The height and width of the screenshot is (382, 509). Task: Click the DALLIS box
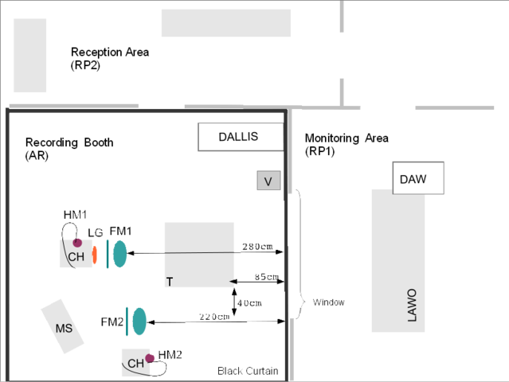240,137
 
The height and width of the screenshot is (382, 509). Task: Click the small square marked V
269,181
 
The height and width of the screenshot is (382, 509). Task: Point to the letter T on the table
170,282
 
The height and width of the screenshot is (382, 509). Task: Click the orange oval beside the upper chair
94,255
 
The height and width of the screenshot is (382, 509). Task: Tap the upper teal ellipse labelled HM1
119,253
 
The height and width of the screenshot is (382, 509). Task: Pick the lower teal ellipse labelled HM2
139,321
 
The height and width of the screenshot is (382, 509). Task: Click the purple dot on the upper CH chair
77,242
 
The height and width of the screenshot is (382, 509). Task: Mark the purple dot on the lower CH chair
150,358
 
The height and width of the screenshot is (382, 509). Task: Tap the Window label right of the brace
328,302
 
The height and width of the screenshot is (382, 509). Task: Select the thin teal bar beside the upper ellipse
107,252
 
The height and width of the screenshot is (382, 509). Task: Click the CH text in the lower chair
135,364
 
